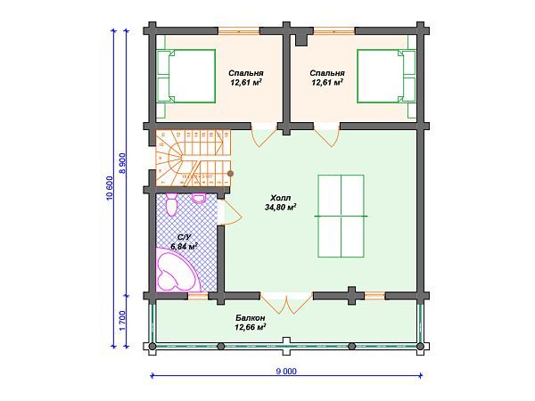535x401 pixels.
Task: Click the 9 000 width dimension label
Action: click(286, 371)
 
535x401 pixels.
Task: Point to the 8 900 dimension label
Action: click(122, 163)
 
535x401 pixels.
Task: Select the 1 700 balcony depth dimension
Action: click(122, 320)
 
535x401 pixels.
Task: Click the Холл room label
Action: click(281, 198)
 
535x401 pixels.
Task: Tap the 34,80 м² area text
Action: click(281, 207)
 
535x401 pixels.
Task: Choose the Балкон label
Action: click(250, 318)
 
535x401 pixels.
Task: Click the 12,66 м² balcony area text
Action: click(250, 327)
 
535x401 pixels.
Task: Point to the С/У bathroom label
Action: click(185, 238)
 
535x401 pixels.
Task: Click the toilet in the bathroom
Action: click(171, 204)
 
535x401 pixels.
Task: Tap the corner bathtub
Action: click(176, 269)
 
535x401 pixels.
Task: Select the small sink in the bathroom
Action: click(199, 198)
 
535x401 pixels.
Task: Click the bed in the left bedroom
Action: click(186, 76)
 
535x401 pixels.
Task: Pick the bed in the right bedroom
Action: click(386, 76)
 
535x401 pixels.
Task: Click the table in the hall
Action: click(341, 216)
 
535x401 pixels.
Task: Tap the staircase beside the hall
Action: click(193, 158)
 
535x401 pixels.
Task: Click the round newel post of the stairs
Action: click(230, 174)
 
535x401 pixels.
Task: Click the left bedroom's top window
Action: click(239, 31)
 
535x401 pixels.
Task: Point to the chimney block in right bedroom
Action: click(301, 39)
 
